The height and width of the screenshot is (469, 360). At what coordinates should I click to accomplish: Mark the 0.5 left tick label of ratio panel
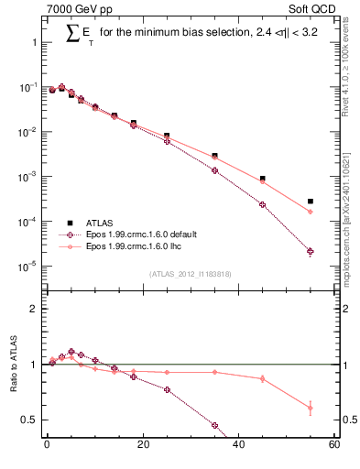(x=28, y=420)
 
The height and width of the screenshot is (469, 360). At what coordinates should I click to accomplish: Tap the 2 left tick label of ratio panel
(x=33, y=309)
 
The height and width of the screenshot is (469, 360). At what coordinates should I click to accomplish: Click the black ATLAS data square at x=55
(x=311, y=202)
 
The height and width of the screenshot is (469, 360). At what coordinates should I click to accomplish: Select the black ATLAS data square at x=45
(x=262, y=179)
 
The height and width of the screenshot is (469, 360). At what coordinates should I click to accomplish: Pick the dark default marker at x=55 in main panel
(x=311, y=251)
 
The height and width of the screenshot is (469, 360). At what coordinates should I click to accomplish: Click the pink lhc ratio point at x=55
(x=311, y=408)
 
